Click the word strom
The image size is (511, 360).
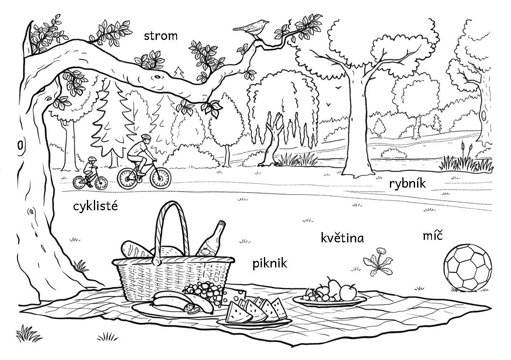161,36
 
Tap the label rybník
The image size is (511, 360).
407,184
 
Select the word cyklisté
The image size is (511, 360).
96,207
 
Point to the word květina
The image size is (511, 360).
342,238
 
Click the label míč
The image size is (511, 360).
433,236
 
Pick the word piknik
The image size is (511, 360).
270,264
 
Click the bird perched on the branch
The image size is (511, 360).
251,28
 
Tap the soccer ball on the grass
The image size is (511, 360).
467,268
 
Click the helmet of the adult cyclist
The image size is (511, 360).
146,137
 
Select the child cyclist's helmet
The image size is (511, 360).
92,159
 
